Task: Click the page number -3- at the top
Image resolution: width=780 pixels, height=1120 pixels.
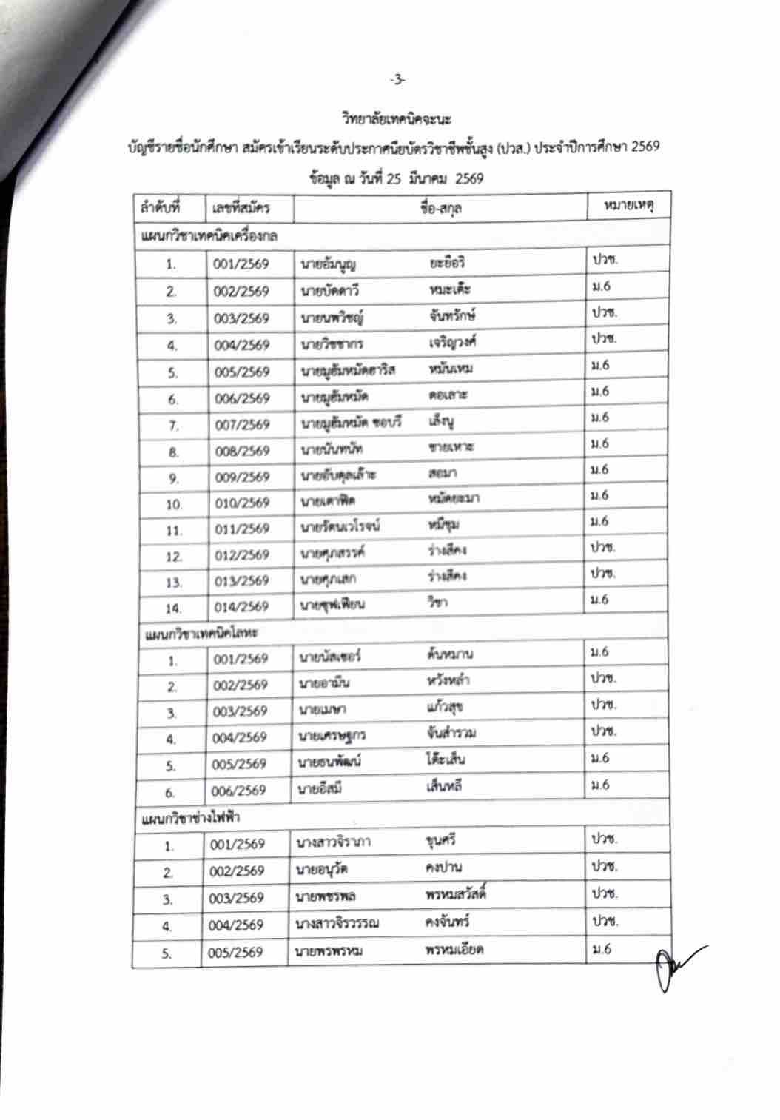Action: point(398,79)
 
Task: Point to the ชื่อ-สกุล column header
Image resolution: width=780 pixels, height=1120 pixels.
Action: point(440,208)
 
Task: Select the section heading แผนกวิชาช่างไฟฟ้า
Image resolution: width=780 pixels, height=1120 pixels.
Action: point(190,817)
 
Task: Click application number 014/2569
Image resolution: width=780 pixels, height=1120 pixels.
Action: point(242,607)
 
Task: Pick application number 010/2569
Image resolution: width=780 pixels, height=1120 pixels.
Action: point(242,503)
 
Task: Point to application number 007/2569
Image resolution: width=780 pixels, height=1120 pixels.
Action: point(242,425)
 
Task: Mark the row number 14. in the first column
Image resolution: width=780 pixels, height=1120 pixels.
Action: point(173,608)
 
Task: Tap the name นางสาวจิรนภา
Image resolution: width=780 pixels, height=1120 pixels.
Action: point(333,842)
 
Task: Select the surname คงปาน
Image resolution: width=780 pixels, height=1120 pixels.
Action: point(444,867)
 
